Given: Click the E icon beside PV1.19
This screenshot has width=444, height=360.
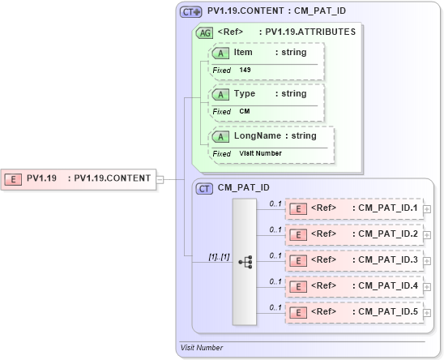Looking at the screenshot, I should [x=14, y=178].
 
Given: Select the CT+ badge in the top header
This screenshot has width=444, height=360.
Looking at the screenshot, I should [x=191, y=12].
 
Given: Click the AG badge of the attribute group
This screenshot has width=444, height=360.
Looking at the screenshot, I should [x=205, y=32].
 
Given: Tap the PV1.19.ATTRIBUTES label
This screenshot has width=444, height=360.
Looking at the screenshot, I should [x=306, y=32].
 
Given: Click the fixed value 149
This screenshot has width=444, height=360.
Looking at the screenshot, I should [x=245, y=71].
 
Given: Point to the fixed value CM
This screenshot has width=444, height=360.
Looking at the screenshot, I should [x=244, y=111].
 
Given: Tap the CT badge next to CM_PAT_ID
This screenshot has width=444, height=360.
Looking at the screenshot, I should [x=205, y=188].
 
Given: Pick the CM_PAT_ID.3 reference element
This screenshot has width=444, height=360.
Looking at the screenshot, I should [x=354, y=260].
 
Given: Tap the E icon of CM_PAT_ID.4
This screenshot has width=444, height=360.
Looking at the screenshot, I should [x=298, y=286].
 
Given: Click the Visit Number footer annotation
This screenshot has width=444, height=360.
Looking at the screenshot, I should [x=202, y=348].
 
